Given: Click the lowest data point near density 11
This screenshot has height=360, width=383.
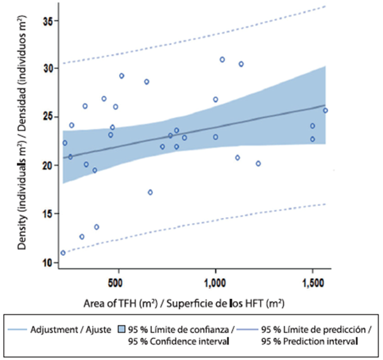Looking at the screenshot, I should [x=63, y=253].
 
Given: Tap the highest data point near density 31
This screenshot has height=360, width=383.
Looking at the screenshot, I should [x=222, y=59].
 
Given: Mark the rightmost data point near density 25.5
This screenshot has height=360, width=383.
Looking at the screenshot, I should [x=325, y=110].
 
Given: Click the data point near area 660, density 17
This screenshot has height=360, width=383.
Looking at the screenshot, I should [x=150, y=192].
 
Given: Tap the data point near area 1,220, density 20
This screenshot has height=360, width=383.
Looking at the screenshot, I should [x=258, y=164].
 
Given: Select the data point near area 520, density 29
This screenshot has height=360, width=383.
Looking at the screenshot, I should [x=121, y=76].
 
